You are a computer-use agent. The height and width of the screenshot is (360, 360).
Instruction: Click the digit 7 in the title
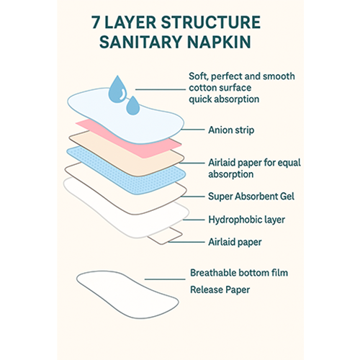(x=96, y=22)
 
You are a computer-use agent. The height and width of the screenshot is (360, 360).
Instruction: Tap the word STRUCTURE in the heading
(x=210, y=22)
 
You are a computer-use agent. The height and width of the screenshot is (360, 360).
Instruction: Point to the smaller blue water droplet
(x=132, y=106)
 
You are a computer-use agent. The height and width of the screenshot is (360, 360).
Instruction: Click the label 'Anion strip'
(x=231, y=130)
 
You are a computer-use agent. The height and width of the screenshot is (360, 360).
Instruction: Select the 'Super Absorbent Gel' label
(x=251, y=197)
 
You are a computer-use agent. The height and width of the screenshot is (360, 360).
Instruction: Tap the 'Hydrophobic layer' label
(x=246, y=220)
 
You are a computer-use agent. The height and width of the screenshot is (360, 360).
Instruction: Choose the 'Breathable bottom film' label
(x=239, y=273)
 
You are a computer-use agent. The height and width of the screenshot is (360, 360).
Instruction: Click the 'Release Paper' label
(x=220, y=289)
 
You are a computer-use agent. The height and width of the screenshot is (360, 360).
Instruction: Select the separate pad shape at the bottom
(x=127, y=294)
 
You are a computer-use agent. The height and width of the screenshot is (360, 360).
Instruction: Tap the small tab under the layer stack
(x=166, y=236)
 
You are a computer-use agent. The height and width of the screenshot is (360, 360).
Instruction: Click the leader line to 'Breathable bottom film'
(x=165, y=279)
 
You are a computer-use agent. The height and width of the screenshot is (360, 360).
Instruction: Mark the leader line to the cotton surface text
(x=161, y=89)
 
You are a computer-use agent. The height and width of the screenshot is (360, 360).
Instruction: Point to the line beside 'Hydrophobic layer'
(x=194, y=220)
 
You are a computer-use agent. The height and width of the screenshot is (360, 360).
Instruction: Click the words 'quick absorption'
(x=224, y=99)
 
